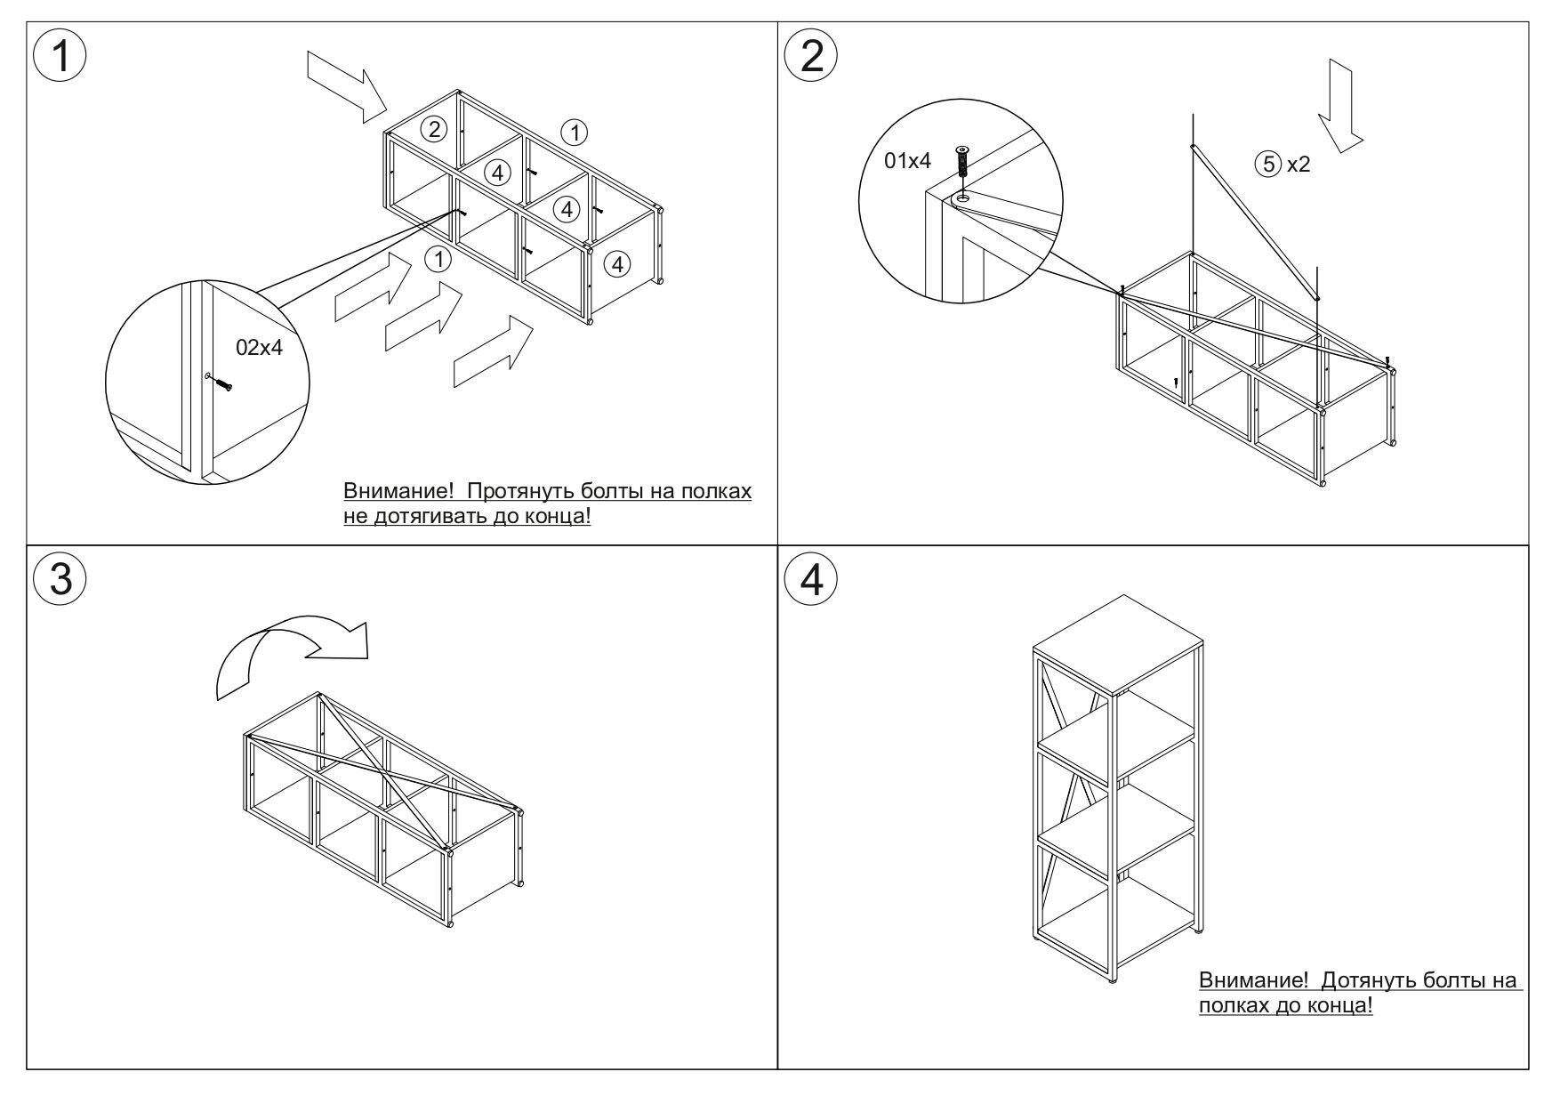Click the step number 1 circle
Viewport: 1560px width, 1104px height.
coord(60,56)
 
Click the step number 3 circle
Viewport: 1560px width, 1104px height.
coord(60,579)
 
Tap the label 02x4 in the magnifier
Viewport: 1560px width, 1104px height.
coord(259,348)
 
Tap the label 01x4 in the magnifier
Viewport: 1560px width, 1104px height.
coord(907,161)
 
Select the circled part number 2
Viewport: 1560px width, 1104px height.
coord(433,130)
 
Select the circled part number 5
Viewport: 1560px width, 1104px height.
coord(1267,164)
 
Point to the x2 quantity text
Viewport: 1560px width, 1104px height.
coord(1299,165)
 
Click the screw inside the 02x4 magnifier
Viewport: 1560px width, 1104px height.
coord(220,383)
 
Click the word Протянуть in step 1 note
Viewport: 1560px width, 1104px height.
coord(519,491)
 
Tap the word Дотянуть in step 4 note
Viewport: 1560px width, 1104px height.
coord(1367,980)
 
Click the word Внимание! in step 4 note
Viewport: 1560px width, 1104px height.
coord(1253,980)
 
